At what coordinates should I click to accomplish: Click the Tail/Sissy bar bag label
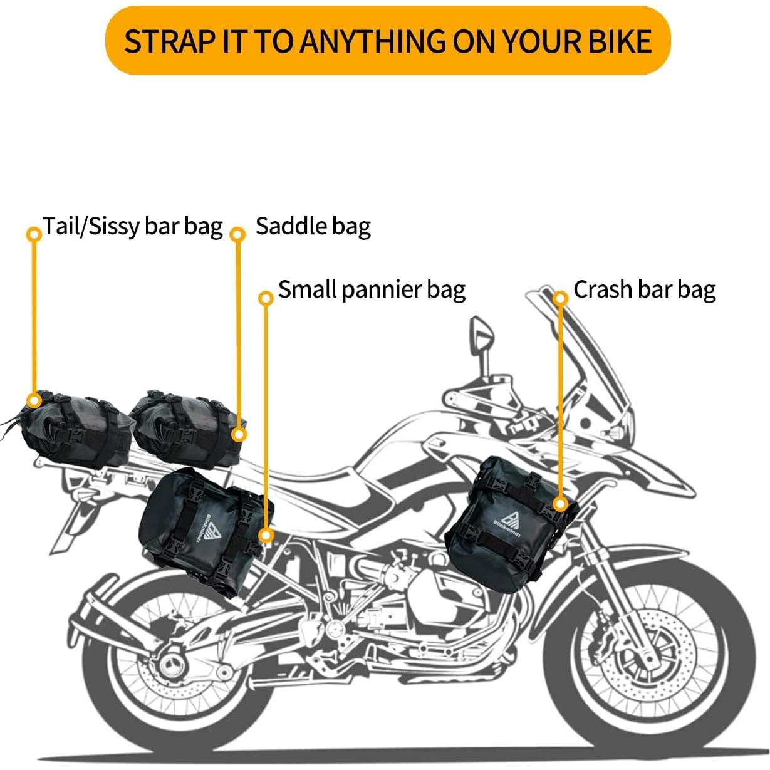click(133, 226)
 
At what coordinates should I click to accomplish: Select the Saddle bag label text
click(313, 226)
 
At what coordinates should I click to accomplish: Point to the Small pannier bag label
click(372, 289)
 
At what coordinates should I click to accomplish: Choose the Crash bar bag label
click(644, 289)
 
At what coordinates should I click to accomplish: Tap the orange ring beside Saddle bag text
click(237, 234)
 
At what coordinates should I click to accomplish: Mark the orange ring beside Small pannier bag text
click(266, 298)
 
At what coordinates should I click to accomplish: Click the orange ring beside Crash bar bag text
click(561, 298)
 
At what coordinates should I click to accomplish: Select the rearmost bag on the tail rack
click(75, 429)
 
